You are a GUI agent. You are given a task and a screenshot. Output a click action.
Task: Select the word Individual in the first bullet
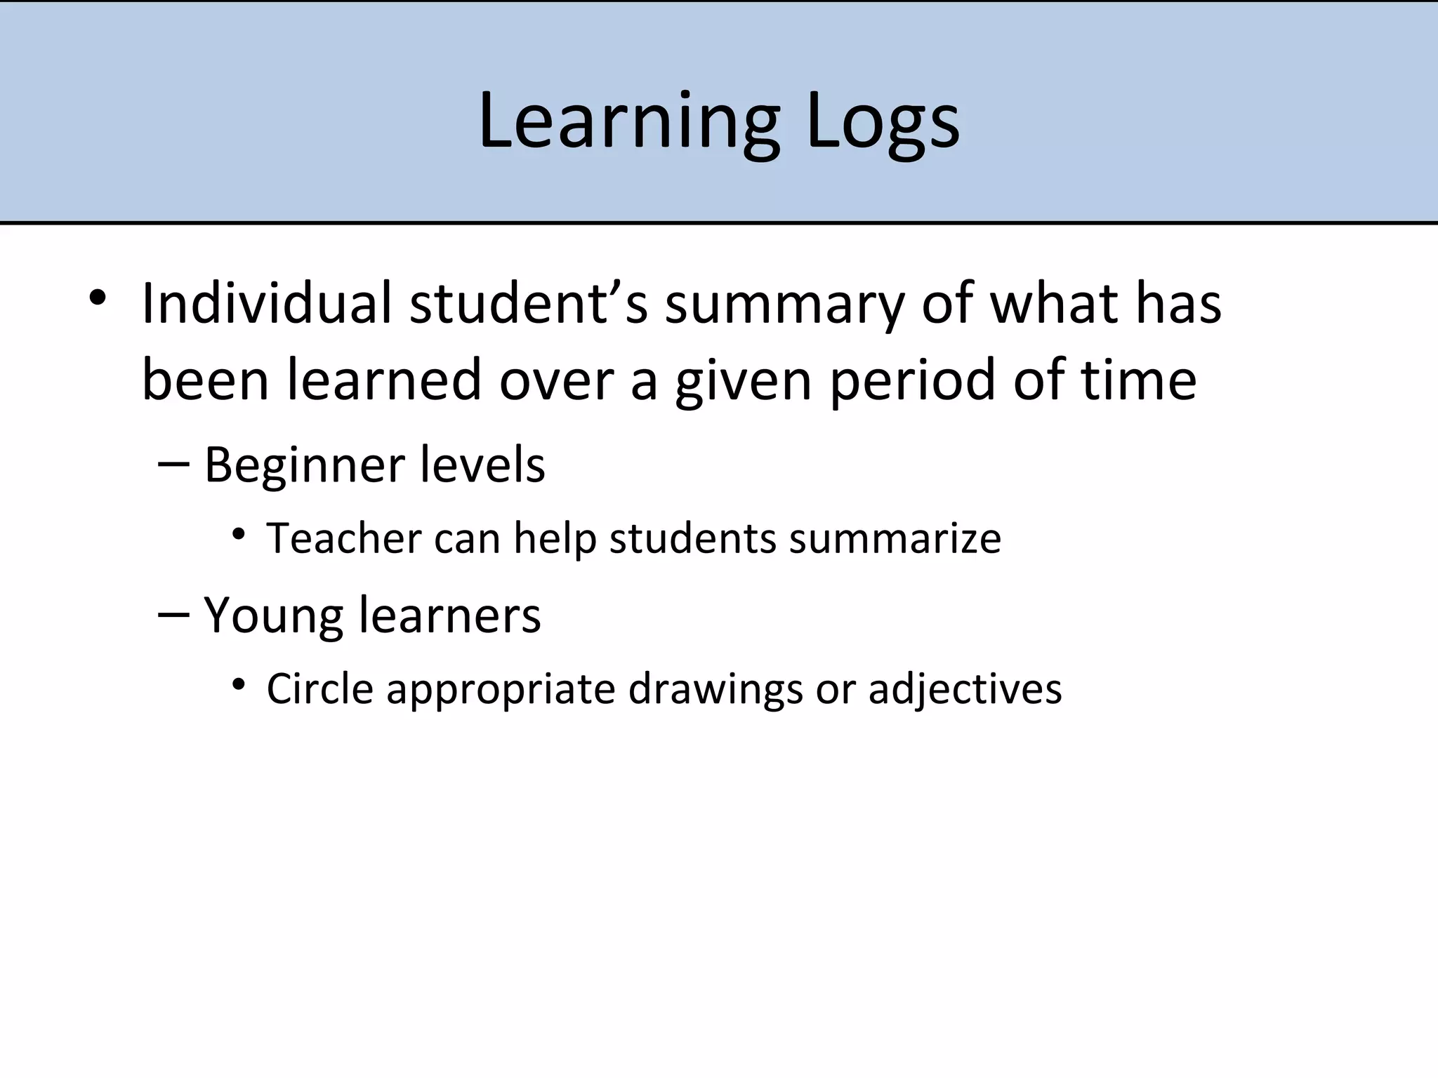(266, 303)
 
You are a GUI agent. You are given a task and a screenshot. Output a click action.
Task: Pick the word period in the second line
(913, 380)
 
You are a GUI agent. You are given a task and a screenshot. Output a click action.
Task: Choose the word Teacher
(343, 538)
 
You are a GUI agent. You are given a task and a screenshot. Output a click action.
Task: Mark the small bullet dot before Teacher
(239, 535)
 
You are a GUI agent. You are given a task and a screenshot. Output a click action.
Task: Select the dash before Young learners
(174, 614)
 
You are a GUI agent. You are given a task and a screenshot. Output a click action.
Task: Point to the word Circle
(319, 688)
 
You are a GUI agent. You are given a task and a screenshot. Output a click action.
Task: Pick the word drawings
(715, 690)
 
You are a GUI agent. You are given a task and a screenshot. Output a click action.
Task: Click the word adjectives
(965, 690)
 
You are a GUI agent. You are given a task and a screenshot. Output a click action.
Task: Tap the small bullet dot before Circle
(239, 684)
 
